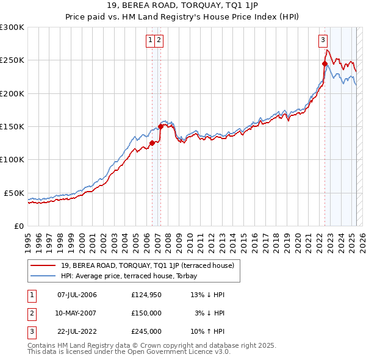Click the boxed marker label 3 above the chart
pos(322,41)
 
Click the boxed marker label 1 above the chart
pos(149,41)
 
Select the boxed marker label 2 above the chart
pos(158,41)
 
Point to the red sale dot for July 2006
pos(152,143)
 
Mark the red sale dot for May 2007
pos(160,126)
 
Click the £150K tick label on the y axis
pos(12,126)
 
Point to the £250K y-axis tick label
pos(12,60)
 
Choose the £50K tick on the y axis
pos(14,193)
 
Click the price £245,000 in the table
pos(146,332)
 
